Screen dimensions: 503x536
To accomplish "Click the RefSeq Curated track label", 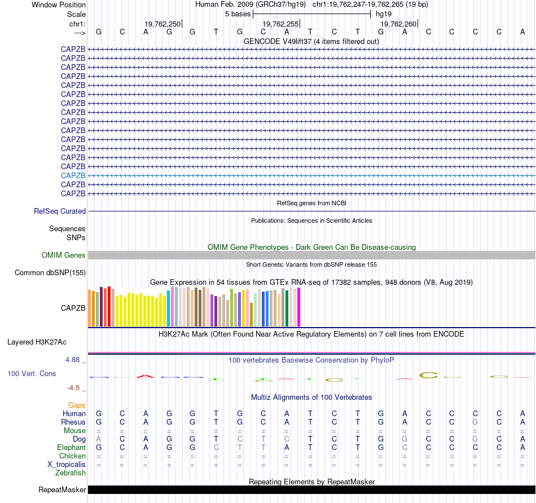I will (60, 211).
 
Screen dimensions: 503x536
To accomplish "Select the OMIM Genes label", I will (64, 255).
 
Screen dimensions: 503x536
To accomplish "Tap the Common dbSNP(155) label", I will (51, 273).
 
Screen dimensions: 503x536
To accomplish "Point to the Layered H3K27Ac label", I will (37, 342).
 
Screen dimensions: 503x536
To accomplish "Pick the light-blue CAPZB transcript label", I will (73, 175).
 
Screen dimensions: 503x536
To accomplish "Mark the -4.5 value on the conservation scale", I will (74, 388).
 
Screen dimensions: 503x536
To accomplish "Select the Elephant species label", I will (71, 447).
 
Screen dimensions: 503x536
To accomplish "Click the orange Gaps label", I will (77, 405).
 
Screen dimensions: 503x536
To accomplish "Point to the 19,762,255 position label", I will (280, 24).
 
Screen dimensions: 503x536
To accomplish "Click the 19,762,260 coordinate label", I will (398, 24).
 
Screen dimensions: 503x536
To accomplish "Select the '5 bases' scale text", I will (238, 14).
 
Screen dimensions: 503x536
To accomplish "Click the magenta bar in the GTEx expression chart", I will (298, 307).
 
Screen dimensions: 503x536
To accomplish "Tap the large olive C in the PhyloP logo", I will (428, 375).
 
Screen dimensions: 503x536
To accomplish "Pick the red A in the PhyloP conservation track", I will (146, 375).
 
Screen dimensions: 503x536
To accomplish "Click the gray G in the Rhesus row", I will (476, 422).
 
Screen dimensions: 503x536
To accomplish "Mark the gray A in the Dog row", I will (99, 439).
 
